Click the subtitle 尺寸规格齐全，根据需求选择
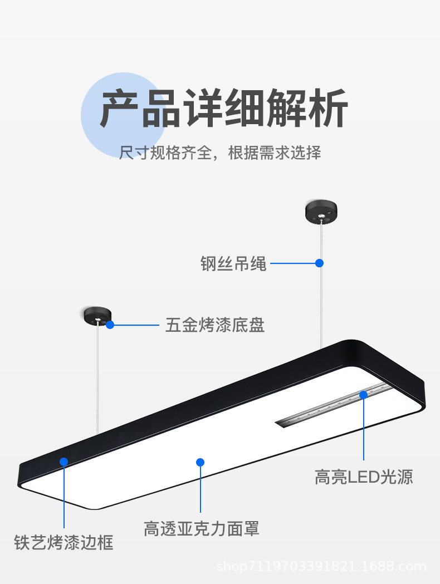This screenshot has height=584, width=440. coord(220,153)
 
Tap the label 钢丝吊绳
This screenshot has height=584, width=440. coord(233,263)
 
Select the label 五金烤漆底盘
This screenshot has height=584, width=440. coord(215,325)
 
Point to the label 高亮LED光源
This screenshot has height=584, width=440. coord(364,477)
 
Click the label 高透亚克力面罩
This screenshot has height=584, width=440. coord(201,528)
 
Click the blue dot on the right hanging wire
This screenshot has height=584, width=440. coord(320,263)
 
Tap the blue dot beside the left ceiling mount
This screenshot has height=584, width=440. coord(110,325)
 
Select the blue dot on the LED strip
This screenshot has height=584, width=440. coord(363,395)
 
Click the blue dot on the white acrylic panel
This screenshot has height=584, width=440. coord(201,462)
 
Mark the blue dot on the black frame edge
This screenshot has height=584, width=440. coord(64,462)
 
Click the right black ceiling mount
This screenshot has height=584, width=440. coord(321,212)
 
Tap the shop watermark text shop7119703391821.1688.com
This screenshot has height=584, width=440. coord(321,567)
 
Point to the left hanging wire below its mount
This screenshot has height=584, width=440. coord(98,379)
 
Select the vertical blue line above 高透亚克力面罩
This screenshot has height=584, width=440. coord(201,490)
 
